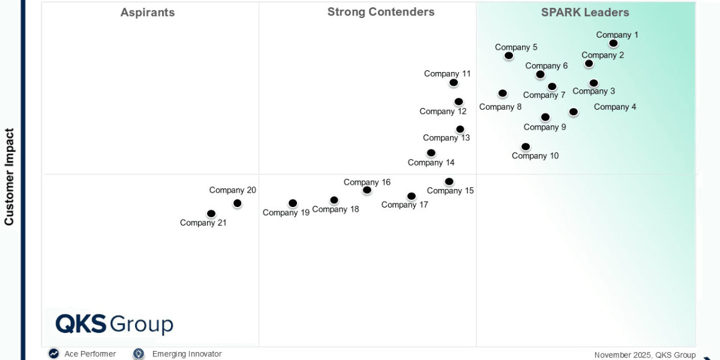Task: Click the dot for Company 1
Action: [x=613, y=43]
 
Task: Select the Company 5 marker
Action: [x=509, y=56]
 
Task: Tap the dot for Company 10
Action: [x=526, y=146]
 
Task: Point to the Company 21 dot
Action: [x=211, y=214]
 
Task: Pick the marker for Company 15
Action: [x=449, y=182]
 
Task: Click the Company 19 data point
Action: [x=293, y=203]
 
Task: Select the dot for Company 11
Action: [x=454, y=83]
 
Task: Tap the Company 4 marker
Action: [x=574, y=112]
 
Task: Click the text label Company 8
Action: [x=500, y=107]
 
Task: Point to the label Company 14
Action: [x=431, y=163]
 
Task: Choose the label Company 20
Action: [x=232, y=190]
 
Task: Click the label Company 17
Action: [x=404, y=205]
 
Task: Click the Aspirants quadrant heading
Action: [x=148, y=12]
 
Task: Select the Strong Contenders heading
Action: [x=380, y=12]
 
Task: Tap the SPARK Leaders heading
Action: [x=584, y=12]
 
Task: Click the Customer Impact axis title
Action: [x=9, y=176]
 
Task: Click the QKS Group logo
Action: [x=114, y=324]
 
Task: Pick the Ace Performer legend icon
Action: [x=54, y=354]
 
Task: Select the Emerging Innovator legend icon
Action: [x=139, y=354]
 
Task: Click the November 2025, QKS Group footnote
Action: [x=644, y=355]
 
